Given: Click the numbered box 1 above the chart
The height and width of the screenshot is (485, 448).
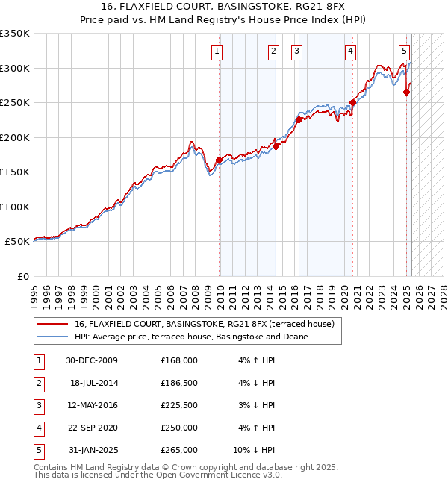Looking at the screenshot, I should [217, 51].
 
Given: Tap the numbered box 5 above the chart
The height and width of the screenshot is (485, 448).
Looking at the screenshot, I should [404, 51].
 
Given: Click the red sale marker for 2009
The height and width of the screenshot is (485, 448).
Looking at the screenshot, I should [219, 160].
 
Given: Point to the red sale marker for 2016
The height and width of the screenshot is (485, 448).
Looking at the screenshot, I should [299, 119].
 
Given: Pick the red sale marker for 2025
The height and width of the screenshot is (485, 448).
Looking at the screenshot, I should [407, 93].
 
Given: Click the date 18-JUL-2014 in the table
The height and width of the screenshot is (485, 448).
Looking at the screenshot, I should [94, 383].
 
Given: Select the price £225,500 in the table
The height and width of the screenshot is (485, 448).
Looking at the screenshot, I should [179, 405].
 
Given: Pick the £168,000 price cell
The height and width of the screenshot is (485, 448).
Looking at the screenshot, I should [179, 360].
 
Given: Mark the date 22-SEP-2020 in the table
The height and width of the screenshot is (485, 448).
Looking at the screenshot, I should [93, 428].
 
